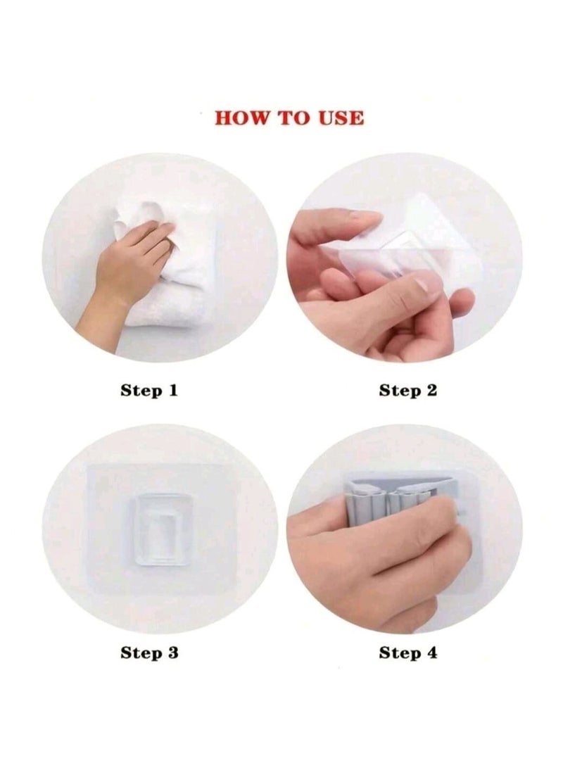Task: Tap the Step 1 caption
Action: point(149,390)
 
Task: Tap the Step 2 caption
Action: point(408,390)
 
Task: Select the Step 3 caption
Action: point(149,653)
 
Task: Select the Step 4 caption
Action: point(408,653)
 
